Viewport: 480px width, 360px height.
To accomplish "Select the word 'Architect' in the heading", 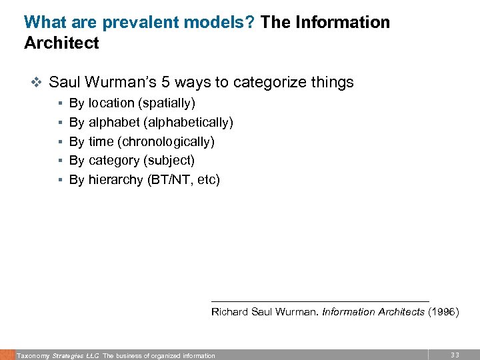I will coord(61,43).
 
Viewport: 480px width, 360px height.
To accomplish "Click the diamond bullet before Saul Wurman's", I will coord(37,83).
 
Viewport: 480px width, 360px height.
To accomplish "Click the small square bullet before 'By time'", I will coord(60,142).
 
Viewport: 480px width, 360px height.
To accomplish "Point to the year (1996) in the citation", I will coord(443,311).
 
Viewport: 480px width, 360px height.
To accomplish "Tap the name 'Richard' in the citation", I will coord(229,311).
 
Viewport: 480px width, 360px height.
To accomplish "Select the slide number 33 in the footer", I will coord(455,355).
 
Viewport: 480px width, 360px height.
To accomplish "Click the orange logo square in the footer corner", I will coord(7,355).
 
